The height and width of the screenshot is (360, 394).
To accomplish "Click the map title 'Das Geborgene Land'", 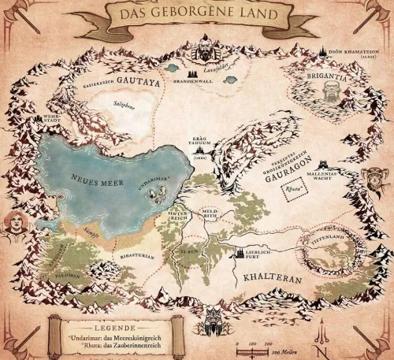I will (x=196, y=15).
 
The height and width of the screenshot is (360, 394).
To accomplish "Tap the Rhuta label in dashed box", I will (x=292, y=189).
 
